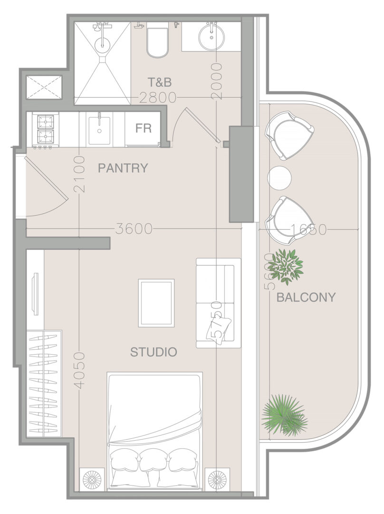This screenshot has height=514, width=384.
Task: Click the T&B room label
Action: coord(159,82)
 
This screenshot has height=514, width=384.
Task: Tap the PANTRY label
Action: coord(123,168)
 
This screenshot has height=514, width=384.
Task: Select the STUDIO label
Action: coord(154,352)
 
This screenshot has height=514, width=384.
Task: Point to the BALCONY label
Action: coord(306,297)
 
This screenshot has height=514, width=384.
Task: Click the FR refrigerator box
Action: coord(144,128)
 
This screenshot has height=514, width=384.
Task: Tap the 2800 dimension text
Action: coord(158,98)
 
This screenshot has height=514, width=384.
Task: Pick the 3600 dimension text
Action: coord(134,229)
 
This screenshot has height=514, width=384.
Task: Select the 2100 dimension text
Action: coord(79,174)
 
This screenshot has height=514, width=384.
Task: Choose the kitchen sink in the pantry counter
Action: coord(99,129)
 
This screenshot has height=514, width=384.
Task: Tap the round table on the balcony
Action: coord(279,178)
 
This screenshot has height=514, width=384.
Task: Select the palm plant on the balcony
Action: coord(284,414)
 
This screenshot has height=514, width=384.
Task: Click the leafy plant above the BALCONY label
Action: coord(288,267)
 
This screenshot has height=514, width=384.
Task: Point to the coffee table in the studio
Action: coord(156,303)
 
